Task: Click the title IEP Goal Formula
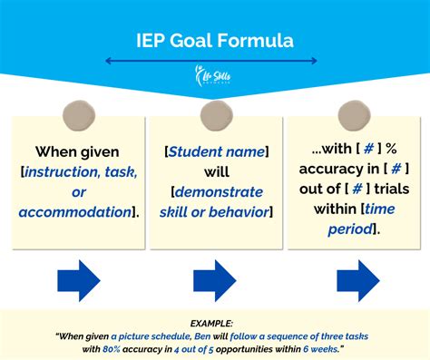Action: (x=215, y=41)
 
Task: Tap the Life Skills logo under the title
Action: (x=215, y=79)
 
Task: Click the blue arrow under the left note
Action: (x=77, y=280)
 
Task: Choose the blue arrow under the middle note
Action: (x=215, y=280)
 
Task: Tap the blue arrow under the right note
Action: (x=357, y=280)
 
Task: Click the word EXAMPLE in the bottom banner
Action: (x=215, y=322)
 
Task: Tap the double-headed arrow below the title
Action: (x=211, y=62)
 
